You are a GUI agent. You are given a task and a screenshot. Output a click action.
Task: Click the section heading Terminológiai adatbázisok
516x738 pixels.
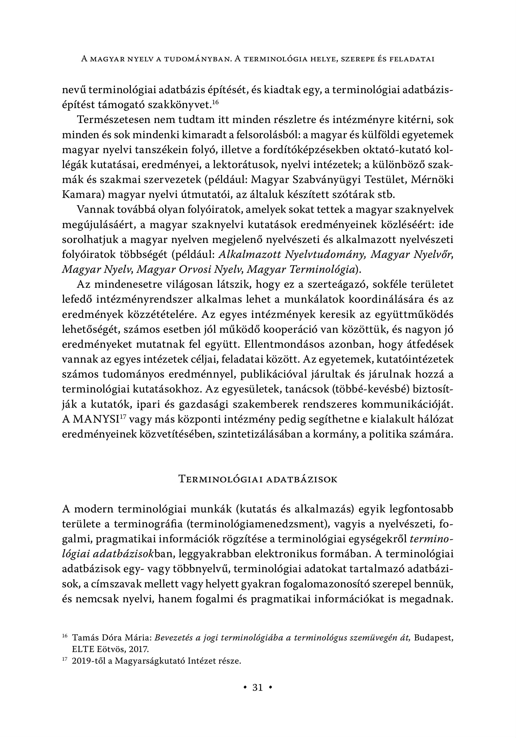tap(258, 480)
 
